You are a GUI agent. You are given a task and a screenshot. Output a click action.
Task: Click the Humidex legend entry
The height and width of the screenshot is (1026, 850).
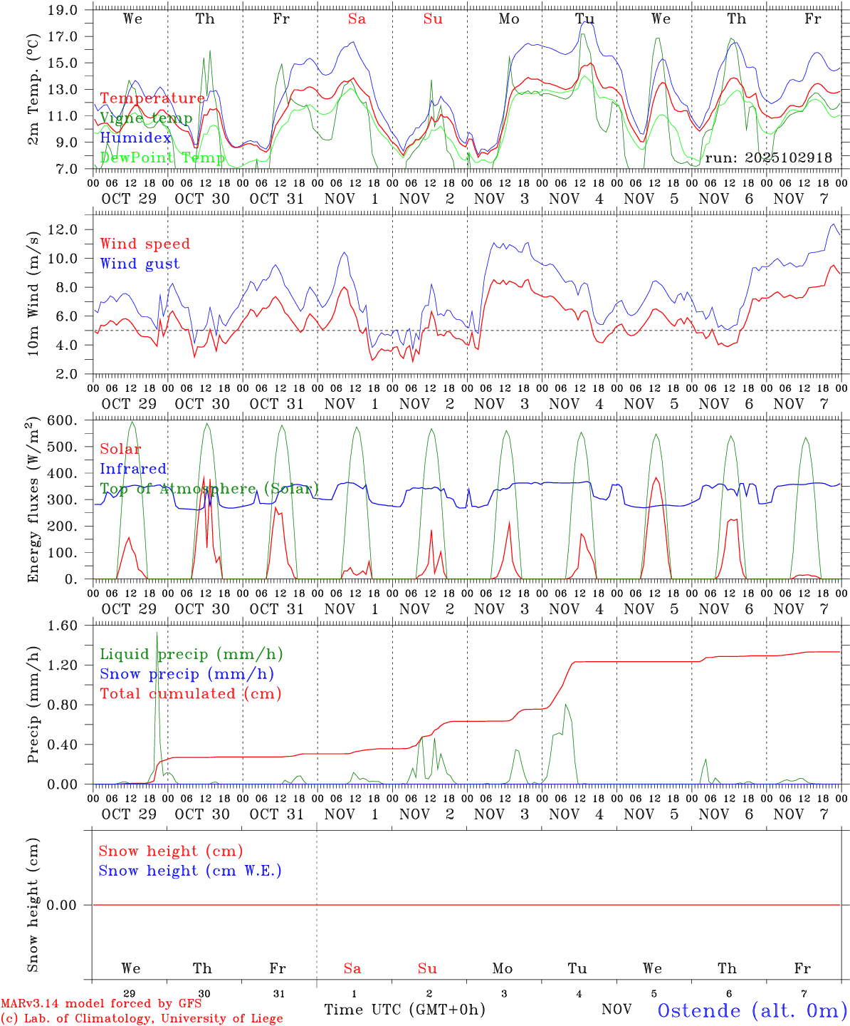coord(135,138)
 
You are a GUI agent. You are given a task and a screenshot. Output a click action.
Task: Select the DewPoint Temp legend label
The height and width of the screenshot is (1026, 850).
coord(162,157)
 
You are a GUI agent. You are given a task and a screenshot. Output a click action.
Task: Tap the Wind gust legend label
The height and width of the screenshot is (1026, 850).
coord(140,264)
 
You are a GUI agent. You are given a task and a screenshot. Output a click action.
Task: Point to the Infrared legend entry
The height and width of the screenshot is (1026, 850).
coord(133,469)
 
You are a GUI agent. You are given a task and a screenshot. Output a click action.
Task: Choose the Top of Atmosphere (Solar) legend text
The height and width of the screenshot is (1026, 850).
coord(209,489)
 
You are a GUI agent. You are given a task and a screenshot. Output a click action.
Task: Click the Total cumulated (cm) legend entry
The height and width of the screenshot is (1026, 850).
coord(190,693)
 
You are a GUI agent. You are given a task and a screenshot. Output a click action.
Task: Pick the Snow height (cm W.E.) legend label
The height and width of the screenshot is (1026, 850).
coord(190,871)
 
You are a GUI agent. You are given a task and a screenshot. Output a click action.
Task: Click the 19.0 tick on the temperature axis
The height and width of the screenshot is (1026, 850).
coord(63,10)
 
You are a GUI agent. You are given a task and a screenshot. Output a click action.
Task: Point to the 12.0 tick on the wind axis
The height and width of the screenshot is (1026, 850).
coord(63,229)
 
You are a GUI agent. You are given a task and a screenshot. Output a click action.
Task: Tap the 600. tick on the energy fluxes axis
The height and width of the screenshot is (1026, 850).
coord(63,420)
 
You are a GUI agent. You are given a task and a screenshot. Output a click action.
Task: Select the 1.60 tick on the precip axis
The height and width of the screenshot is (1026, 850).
coord(63,625)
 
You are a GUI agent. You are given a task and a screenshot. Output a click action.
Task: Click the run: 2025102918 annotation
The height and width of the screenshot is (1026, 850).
coord(768,157)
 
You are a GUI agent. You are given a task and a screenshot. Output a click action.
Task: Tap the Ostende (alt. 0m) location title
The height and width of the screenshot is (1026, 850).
coord(752,1010)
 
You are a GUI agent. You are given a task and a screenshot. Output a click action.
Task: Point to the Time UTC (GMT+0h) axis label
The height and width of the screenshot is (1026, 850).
coord(404,1009)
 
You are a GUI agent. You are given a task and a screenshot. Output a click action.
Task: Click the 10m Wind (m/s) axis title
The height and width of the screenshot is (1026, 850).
coord(33,292)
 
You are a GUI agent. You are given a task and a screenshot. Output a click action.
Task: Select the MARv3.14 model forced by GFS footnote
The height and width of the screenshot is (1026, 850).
coord(101,1003)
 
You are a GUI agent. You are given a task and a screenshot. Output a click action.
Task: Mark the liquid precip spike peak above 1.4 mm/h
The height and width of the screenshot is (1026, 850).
coord(157,633)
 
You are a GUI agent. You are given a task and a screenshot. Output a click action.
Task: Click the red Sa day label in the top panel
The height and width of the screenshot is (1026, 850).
coord(357,19)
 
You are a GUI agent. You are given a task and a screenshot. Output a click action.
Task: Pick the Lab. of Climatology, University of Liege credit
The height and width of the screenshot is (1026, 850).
coord(142,1018)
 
